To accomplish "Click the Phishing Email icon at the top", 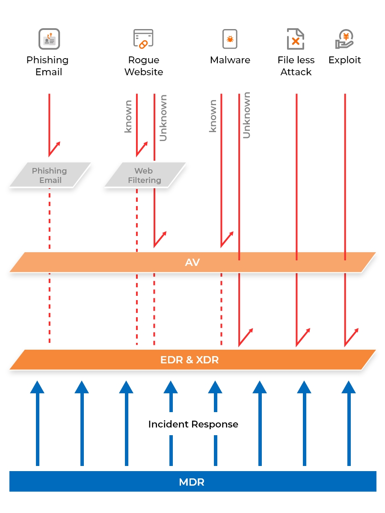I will click(49, 39).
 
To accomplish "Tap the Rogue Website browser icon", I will click(143, 39).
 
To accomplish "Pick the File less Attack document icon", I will click(296, 39).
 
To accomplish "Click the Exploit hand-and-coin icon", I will click(344, 39).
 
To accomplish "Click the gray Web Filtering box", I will click(145, 175).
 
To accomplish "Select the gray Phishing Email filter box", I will click(50, 175).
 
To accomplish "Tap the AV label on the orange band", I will click(192, 262).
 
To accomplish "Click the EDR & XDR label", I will click(190, 360).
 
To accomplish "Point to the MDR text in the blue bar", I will click(192, 482).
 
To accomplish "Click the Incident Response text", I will click(193, 424).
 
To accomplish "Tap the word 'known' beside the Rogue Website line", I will click(128, 116).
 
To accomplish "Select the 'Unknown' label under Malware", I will click(246, 115).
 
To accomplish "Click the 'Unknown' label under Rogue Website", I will click(163, 118).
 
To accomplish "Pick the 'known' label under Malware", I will click(213, 116).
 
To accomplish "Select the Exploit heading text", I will click(344, 60).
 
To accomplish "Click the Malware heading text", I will click(230, 60).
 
